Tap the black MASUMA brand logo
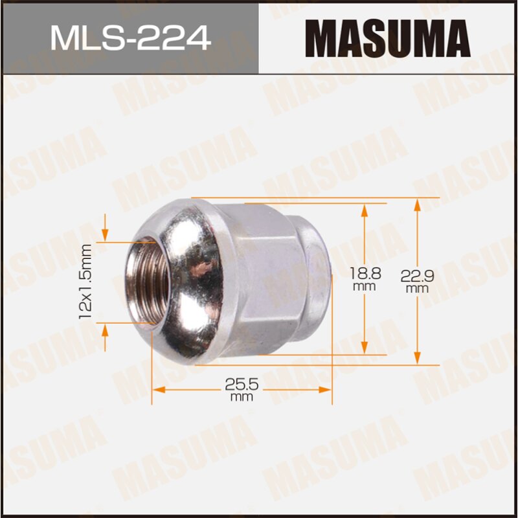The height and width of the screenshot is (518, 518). point(387,38)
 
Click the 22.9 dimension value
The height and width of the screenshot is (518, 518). point(417,276)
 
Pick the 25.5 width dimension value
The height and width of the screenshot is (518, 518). point(242,383)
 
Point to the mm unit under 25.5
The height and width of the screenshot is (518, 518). point(242,397)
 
